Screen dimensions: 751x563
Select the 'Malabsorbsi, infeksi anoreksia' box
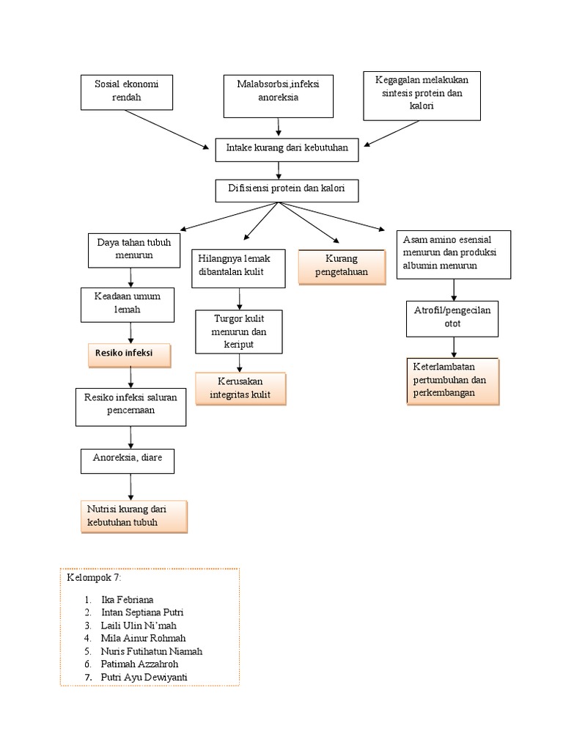coord(278,95)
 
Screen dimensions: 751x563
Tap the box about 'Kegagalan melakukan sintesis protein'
coord(422,95)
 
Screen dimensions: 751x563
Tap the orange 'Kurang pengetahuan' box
coord(341,266)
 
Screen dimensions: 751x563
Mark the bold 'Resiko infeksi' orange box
coord(130,355)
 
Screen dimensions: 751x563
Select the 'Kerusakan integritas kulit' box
coord(240,389)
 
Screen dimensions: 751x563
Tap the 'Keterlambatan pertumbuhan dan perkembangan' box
coord(453,381)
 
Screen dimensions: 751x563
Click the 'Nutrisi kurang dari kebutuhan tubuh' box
coord(133,516)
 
